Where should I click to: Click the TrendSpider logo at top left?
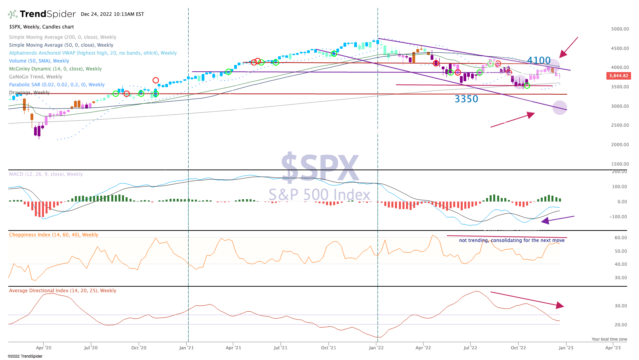[42, 14]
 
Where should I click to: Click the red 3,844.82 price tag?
[618, 76]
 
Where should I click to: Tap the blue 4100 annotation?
[539, 61]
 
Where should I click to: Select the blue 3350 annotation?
[466, 99]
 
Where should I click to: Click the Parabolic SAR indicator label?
[57, 85]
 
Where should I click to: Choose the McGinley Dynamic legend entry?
[55, 69]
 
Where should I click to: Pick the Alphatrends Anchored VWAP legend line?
[93, 53]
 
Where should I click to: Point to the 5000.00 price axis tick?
[620, 29]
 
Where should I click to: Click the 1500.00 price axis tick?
[620, 164]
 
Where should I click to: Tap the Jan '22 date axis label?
[376, 348]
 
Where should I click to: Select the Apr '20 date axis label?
[44, 348]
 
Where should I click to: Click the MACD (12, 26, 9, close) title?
[46, 174]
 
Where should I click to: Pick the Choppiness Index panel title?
[53, 235]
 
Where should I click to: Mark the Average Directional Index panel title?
[63, 291]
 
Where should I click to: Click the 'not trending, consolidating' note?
[511, 240]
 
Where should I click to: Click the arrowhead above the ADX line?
[560, 305]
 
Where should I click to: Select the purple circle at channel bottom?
[559, 108]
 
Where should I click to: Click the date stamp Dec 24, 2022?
[112, 14]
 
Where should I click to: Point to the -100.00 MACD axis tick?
[619, 217]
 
